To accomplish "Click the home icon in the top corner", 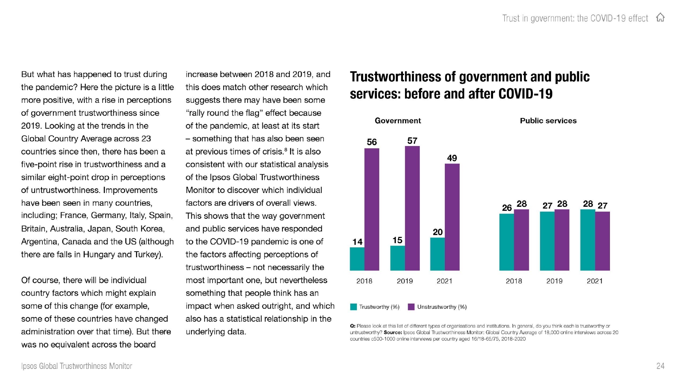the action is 660,17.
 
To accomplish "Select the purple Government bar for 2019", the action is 412,208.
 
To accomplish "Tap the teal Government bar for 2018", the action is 357,259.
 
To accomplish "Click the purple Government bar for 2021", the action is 452,217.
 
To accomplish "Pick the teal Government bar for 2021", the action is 437,254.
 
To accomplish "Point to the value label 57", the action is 412,141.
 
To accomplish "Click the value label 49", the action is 452,158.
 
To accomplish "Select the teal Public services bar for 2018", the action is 507,242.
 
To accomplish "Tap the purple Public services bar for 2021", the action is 603,241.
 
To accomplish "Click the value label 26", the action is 507,208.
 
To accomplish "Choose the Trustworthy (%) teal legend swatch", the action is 353,307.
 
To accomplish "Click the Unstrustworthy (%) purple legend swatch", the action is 411,307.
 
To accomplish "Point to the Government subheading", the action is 398,121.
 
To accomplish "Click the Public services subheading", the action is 548,121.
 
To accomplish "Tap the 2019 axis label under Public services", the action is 554,281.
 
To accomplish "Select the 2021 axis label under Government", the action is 444,281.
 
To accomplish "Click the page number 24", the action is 660,366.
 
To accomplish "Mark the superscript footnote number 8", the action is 285,149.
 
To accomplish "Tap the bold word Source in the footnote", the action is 393,332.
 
